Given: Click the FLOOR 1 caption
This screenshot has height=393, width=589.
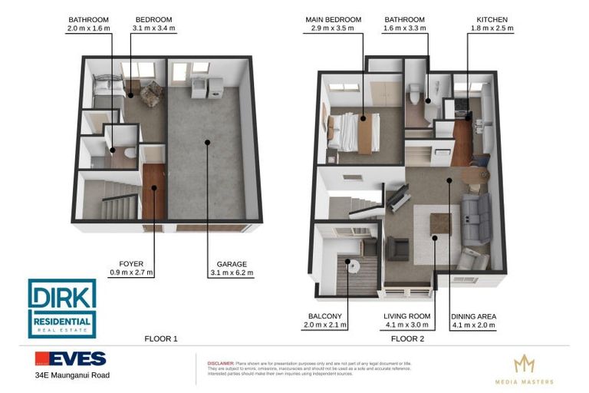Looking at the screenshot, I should coord(160,338).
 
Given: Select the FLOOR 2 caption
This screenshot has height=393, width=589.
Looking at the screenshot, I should coord(407,338).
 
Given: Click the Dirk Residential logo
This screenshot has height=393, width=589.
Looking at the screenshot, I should coord(62,308).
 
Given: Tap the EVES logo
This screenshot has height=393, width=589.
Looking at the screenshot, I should coord(70,359).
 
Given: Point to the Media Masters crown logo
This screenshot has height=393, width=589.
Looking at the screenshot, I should coord(524,364).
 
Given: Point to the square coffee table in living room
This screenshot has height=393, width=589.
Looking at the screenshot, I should coord(441,224).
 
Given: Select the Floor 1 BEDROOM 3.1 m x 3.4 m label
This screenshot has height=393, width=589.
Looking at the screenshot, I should coord(154,24).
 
